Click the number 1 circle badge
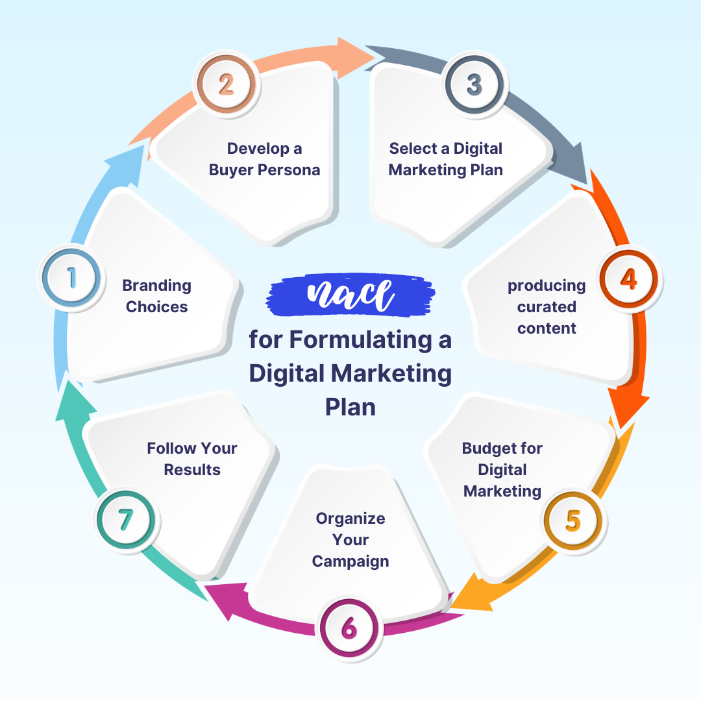[x=71, y=278]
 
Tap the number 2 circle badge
[x=227, y=84]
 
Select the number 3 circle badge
[x=474, y=84]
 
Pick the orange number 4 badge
[x=628, y=278]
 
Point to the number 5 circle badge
[x=573, y=521]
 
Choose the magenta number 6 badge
[x=349, y=628]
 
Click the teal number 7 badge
[x=125, y=521]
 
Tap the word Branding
[x=156, y=286]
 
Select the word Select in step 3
[x=412, y=149]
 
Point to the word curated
[x=547, y=307]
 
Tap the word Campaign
[x=350, y=561]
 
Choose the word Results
[x=192, y=470]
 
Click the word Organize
[x=350, y=519]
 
